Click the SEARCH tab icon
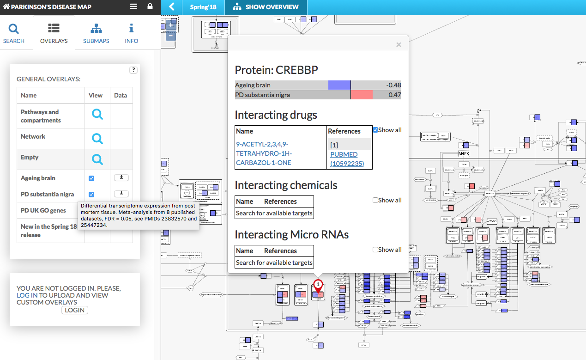14,29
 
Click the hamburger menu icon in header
133,7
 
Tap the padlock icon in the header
150,7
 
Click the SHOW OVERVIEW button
266,7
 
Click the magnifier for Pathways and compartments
97,114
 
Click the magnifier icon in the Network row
97,138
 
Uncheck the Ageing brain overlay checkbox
91,178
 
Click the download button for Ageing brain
121,177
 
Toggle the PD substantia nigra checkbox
91,195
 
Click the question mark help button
133,70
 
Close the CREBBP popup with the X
399,45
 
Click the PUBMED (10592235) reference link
347,159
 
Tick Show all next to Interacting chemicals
376,200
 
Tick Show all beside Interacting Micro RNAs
376,250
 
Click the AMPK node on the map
464,153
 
